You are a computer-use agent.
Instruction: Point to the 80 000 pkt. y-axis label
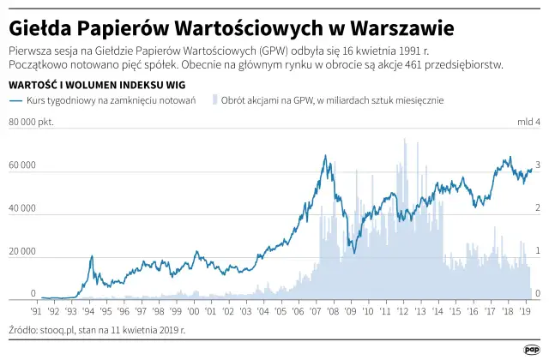(31, 122)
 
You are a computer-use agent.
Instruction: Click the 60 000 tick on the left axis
(21, 165)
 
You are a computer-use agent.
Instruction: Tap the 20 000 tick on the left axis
(21, 252)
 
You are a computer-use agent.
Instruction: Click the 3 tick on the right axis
(538, 165)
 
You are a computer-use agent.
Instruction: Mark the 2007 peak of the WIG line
(325, 156)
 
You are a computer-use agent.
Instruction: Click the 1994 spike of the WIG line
(91, 256)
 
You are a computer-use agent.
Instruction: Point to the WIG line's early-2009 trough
(353, 252)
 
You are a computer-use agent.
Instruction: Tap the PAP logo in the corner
(531, 348)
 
